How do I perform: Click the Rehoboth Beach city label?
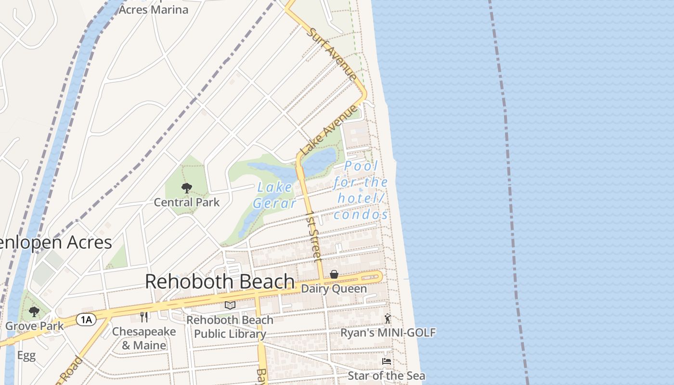[220, 282]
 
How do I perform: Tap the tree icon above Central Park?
[187, 188]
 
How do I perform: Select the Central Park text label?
[187, 203]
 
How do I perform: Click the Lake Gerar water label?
[275, 195]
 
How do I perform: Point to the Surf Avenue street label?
[333, 53]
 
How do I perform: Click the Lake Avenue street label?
[329, 130]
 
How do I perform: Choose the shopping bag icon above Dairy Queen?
[334, 274]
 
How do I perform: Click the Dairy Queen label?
[334, 289]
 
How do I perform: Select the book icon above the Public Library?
[230, 305]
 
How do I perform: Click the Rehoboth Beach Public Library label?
[230, 326]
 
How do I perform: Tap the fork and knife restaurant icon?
[143, 317]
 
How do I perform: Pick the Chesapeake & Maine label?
[144, 338]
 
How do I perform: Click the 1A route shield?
[87, 319]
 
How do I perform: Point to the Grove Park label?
[34, 326]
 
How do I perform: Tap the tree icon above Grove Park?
[34, 312]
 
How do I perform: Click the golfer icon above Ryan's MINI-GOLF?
[388, 319]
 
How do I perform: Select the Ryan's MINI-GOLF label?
[388, 333]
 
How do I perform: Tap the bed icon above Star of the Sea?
[386, 361]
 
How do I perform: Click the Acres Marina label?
[153, 9]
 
